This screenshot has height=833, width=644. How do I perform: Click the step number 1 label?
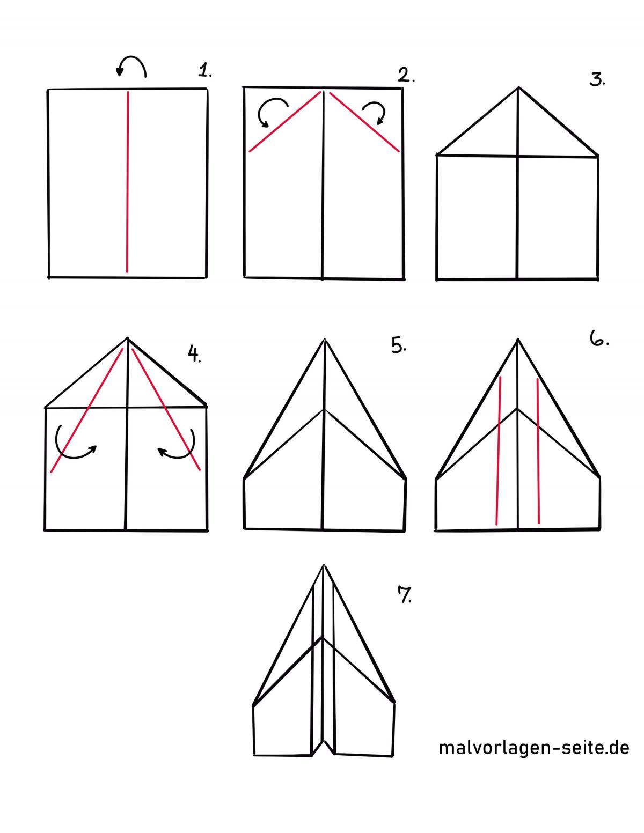205,71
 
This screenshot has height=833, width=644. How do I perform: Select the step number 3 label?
597,79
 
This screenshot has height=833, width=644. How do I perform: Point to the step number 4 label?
194,353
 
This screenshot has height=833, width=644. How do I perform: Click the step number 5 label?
399,345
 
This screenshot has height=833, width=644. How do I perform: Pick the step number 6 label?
599,338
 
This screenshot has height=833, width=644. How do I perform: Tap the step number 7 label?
405,594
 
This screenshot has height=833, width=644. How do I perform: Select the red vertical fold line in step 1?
128,182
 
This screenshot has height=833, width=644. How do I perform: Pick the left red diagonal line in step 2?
284,122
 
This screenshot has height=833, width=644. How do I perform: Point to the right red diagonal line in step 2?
364,122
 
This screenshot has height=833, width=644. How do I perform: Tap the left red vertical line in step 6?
499,451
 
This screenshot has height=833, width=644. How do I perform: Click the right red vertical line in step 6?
538,451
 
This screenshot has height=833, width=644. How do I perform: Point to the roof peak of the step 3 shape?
518,88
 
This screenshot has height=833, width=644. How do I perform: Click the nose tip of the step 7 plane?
324,565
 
